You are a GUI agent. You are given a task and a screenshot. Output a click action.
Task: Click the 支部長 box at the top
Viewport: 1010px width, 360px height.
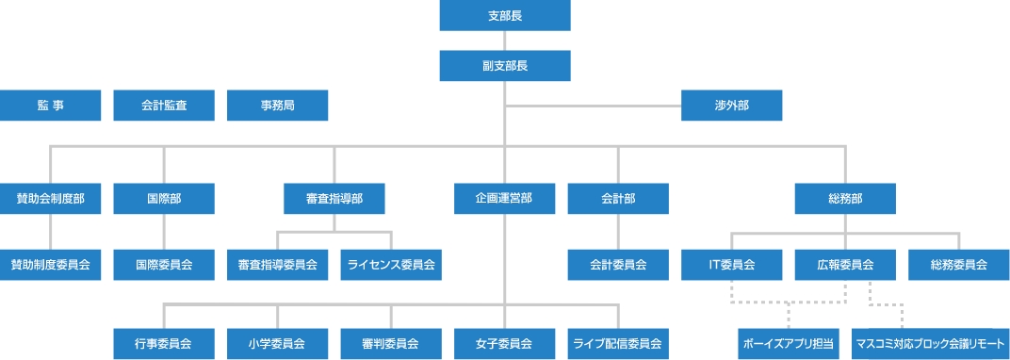tap(505, 16)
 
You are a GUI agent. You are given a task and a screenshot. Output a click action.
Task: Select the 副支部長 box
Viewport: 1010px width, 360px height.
tap(505, 65)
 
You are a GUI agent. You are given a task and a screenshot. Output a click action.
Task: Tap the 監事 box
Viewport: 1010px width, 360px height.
tap(51, 106)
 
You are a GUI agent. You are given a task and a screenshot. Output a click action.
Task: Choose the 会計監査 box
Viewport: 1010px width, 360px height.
tap(164, 106)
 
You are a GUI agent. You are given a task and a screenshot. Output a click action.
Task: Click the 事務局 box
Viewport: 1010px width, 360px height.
tap(278, 106)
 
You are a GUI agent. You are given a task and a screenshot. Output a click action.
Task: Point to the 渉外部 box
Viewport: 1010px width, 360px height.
tap(732, 106)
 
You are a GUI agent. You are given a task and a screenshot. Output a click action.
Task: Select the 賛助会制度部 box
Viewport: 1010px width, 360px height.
tap(51, 199)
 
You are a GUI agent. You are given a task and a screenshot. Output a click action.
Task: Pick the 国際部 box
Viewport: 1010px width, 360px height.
tap(164, 199)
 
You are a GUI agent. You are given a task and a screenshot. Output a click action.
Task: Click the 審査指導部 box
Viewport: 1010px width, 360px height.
tap(334, 199)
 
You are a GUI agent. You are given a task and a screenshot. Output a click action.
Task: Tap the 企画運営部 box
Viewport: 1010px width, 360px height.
tap(505, 199)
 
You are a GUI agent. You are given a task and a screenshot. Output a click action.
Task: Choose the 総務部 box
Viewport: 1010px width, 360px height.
tap(845, 199)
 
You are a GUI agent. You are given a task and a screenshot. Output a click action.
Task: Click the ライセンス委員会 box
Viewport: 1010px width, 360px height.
tap(391, 265)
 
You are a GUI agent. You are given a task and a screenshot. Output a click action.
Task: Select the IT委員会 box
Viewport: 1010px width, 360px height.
tap(732, 265)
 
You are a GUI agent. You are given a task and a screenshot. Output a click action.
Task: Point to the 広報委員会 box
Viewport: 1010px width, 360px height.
tap(845, 265)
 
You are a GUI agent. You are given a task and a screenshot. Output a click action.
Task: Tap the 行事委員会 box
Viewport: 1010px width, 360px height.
tap(164, 343)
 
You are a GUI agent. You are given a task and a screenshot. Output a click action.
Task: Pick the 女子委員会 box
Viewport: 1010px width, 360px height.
tap(505, 343)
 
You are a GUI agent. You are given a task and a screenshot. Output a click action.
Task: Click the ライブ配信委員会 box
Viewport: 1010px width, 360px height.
tap(618, 343)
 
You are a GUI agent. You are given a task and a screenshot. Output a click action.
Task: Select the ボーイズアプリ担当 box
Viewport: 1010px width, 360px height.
tap(789, 343)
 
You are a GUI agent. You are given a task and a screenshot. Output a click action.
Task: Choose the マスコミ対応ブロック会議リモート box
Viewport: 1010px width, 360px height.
tap(931, 343)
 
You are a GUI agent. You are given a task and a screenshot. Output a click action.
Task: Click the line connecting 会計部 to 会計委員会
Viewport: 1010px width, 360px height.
tap(618, 232)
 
